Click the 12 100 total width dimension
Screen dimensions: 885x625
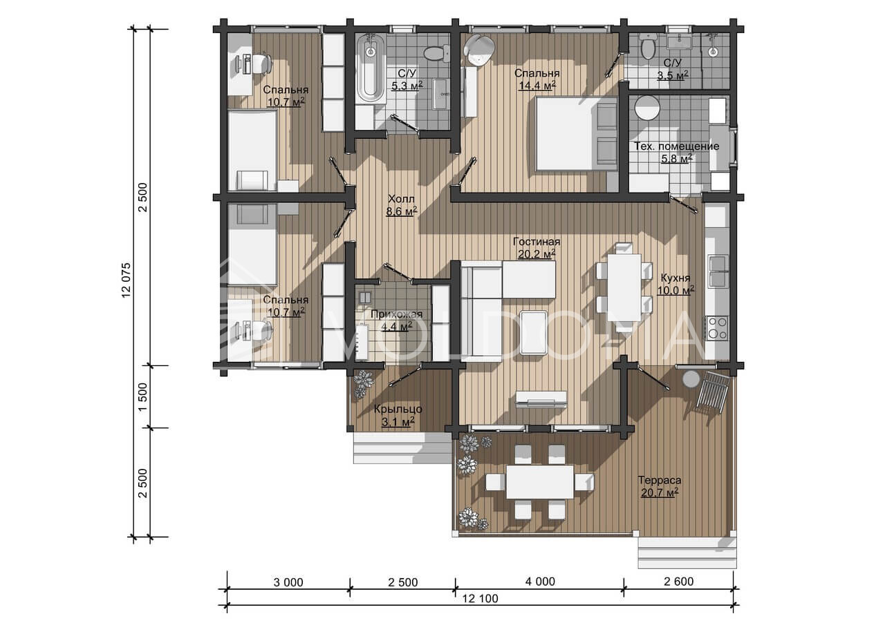click(x=480, y=599)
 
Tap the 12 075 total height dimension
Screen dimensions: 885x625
click(x=127, y=280)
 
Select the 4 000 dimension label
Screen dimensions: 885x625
click(x=540, y=581)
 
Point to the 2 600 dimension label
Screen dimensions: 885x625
click(x=678, y=581)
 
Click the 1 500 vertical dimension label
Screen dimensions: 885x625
click(x=143, y=396)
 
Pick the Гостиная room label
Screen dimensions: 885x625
click(x=536, y=242)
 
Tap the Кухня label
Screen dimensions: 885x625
click(x=676, y=278)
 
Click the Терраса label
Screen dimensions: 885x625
click(x=660, y=480)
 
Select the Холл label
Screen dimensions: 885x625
click(x=401, y=198)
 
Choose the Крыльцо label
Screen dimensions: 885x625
click(x=398, y=409)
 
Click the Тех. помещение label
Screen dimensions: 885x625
click(x=676, y=146)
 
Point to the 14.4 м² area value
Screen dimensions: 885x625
click(x=537, y=85)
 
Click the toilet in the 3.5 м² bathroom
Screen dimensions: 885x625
click(x=648, y=47)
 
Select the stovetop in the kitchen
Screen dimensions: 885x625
click(x=717, y=328)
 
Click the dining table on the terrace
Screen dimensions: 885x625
click(x=540, y=482)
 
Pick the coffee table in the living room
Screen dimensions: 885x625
click(x=534, y=332)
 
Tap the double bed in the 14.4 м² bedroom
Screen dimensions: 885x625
click(x=576, y=134)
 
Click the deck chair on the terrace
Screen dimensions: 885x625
click(x=712, y=392)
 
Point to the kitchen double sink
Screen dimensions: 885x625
click(x=718, y=271)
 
